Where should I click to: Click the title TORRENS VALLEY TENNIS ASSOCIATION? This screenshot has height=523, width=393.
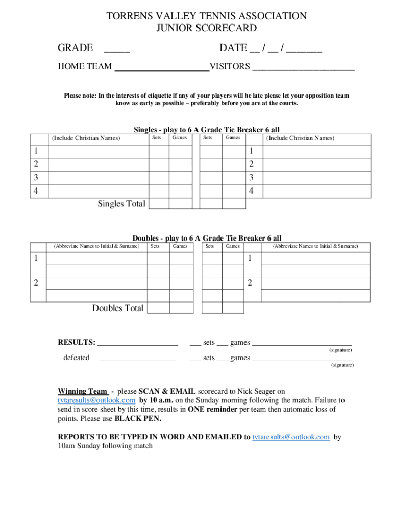(x=206, y=16)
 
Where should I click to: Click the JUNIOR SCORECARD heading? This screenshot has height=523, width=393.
(x=206, y=28)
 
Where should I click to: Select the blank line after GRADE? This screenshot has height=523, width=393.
(x=117, y=49)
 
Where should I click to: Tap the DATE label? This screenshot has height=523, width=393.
(x=233, y=48)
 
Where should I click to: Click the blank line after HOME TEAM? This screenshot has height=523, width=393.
(x=162, y=67)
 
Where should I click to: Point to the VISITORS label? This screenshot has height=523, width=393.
(x=230, y=67)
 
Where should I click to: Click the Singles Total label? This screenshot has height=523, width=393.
(x=121, y=204)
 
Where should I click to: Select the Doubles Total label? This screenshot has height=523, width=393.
(x=118, y=308)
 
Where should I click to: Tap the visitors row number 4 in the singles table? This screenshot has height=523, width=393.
(x=251, y=191)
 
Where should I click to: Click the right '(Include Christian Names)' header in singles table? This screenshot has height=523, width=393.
(x=300, y=138)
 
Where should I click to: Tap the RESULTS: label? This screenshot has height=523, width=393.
(x=76, y=343)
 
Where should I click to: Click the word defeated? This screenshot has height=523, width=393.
(x=76, y=358)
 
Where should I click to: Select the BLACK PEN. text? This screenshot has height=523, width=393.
(x=138, y=419)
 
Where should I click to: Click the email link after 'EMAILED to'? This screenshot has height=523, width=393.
(x=291, y=437)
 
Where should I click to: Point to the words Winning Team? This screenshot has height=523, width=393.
(x=82, y=391)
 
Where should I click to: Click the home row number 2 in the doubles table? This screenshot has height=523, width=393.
(x=36, y=283)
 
